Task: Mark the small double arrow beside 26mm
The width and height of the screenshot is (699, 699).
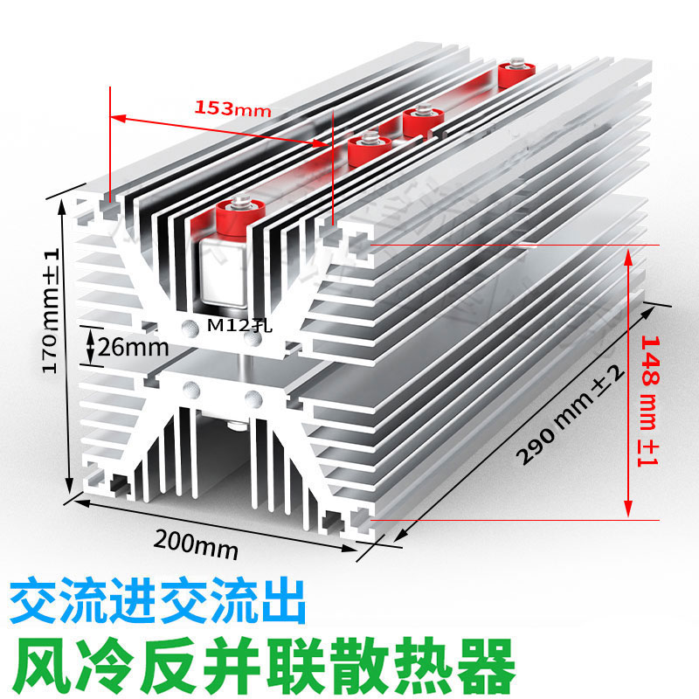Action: click(x=88, y=346)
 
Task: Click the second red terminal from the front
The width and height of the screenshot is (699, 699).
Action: click(x=368, y=149)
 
